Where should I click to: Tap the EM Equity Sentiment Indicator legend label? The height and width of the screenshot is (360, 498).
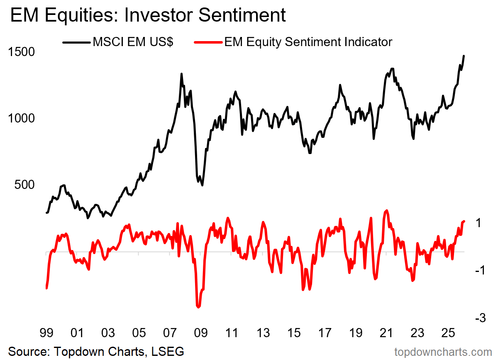(x=308, y=42)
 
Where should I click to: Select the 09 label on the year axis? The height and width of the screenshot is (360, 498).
(x=200, y=333)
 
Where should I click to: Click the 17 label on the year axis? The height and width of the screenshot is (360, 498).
(x=325, y=333)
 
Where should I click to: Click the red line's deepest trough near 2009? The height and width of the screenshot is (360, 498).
(x=198, y=307)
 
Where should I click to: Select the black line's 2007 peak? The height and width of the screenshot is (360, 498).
(x=181, y=74)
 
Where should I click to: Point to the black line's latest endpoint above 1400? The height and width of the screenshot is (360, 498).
(x=464, y=56)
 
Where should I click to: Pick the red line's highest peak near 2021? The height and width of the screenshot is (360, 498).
(x=386, y=211)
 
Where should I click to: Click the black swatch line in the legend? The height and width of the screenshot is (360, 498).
(x=76, y=42)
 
